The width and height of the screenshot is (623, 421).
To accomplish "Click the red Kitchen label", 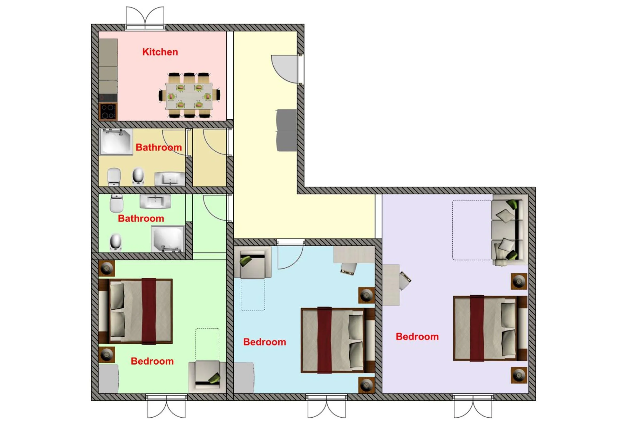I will coord(160,52).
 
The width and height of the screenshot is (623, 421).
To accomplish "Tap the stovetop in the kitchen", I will coord(108,112).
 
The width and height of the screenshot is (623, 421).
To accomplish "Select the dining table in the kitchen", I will coord(189,96).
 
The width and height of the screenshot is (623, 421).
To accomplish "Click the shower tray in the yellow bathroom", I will coord(116,142).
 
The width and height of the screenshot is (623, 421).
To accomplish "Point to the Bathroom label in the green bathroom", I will coord(141,218).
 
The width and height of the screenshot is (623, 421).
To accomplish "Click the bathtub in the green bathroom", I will coord(168,239).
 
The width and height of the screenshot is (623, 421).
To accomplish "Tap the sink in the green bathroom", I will coord(155,201).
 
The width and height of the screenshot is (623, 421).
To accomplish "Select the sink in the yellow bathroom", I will coord(170,179).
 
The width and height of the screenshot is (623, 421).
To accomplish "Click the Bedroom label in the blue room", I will coord(264,342).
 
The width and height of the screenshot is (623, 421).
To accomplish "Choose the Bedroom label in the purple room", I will coord(417,337).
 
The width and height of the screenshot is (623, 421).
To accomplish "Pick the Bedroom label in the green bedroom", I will coord(152,361).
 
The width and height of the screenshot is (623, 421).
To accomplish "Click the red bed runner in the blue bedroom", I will coord(325,340).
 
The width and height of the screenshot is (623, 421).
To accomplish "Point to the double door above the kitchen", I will coord(145,18).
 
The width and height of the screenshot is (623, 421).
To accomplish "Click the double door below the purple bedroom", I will coord(473,406).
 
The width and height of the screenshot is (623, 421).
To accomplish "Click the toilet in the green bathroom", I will coord(116,203).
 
